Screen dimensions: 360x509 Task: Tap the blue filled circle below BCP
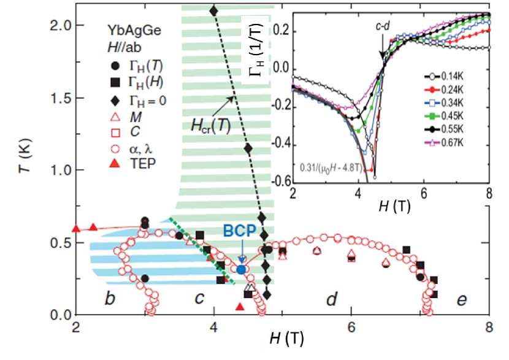click(241, 269)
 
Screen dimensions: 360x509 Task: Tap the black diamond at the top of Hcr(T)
click(213, 11)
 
